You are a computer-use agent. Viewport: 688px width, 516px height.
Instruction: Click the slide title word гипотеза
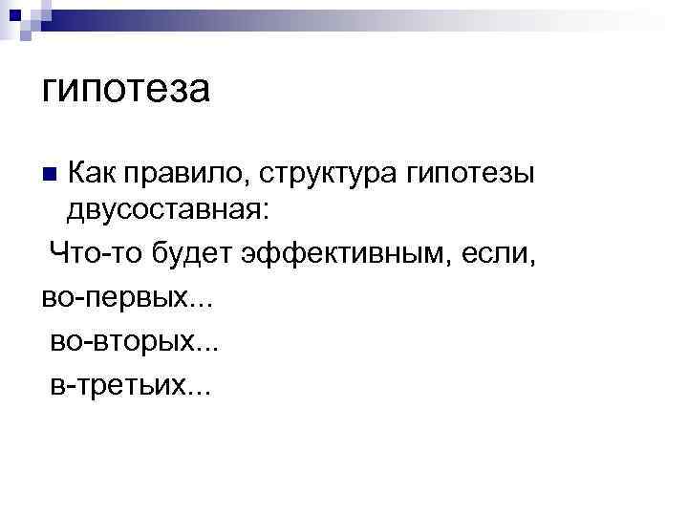(125, 90)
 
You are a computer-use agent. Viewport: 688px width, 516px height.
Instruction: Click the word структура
(324, 174)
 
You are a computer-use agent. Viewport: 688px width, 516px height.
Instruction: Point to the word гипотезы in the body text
(473, 174)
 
